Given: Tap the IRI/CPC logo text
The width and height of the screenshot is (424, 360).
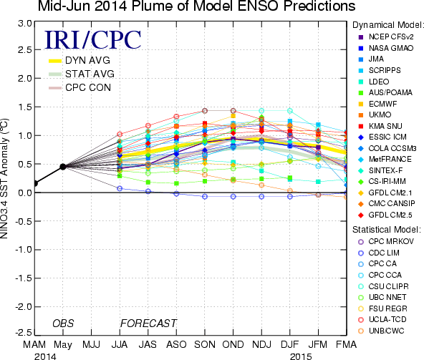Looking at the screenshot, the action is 93,40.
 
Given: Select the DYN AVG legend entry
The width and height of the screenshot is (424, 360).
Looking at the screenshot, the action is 79,60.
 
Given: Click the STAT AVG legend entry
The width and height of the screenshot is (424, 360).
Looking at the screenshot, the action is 82,74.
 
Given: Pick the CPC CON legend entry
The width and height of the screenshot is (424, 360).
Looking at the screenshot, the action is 79,87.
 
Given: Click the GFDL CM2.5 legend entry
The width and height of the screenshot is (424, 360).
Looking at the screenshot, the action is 385,215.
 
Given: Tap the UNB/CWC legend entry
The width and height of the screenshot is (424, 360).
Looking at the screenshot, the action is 381,331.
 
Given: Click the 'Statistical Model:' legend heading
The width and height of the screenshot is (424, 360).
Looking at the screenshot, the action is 387,230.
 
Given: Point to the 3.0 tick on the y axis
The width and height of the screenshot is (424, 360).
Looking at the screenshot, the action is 25,24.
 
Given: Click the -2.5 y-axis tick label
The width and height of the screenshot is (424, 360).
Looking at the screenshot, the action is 23,332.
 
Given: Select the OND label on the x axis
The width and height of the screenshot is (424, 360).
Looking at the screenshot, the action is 233,344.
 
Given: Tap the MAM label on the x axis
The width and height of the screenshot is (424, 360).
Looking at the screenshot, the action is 34,344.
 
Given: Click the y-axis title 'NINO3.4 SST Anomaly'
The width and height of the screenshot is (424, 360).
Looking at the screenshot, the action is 4,179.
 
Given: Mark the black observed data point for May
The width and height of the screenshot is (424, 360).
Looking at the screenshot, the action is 63,167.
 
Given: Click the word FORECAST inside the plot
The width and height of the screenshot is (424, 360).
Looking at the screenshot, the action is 148,323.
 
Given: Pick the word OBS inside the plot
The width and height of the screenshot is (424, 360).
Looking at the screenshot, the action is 63,323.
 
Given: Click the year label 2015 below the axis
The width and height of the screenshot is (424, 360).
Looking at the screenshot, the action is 301,356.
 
